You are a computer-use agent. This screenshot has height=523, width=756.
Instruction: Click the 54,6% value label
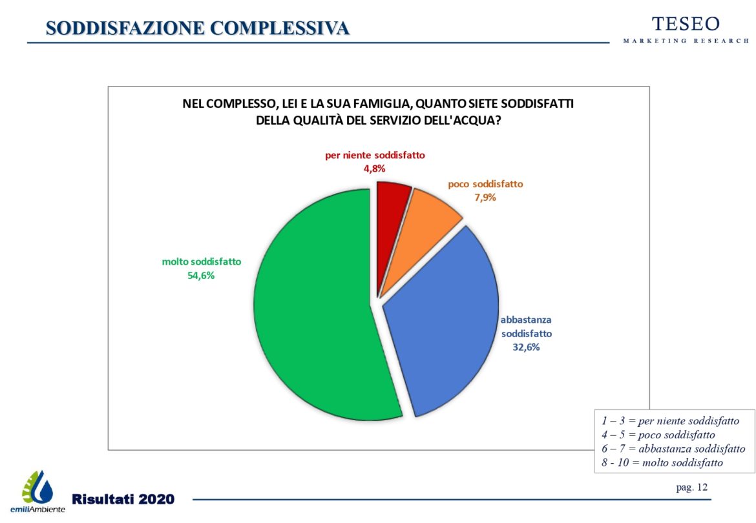[201, 275]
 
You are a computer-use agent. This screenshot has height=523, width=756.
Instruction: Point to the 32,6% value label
[527, 347]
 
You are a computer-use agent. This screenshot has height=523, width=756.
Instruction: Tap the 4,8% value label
[374, 169]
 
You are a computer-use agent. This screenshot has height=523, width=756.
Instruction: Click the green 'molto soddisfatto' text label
[201, 262]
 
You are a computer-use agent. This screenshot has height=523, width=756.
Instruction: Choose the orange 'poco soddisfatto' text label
[485, 184]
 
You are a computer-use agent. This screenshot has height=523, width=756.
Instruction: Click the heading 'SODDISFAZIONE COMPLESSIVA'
[198, 28]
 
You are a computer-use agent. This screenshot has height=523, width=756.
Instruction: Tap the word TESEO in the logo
[686, 24]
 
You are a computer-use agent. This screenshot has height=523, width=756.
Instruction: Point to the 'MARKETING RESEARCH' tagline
[686, 41]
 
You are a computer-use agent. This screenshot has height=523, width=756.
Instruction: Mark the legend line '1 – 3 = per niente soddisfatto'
[670, 420]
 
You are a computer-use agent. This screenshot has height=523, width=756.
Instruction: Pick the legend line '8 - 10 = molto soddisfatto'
[662, 462]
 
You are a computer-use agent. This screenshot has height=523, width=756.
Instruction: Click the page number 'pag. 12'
[691, 487]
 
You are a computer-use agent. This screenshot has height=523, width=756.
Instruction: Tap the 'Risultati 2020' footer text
[123, 499]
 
